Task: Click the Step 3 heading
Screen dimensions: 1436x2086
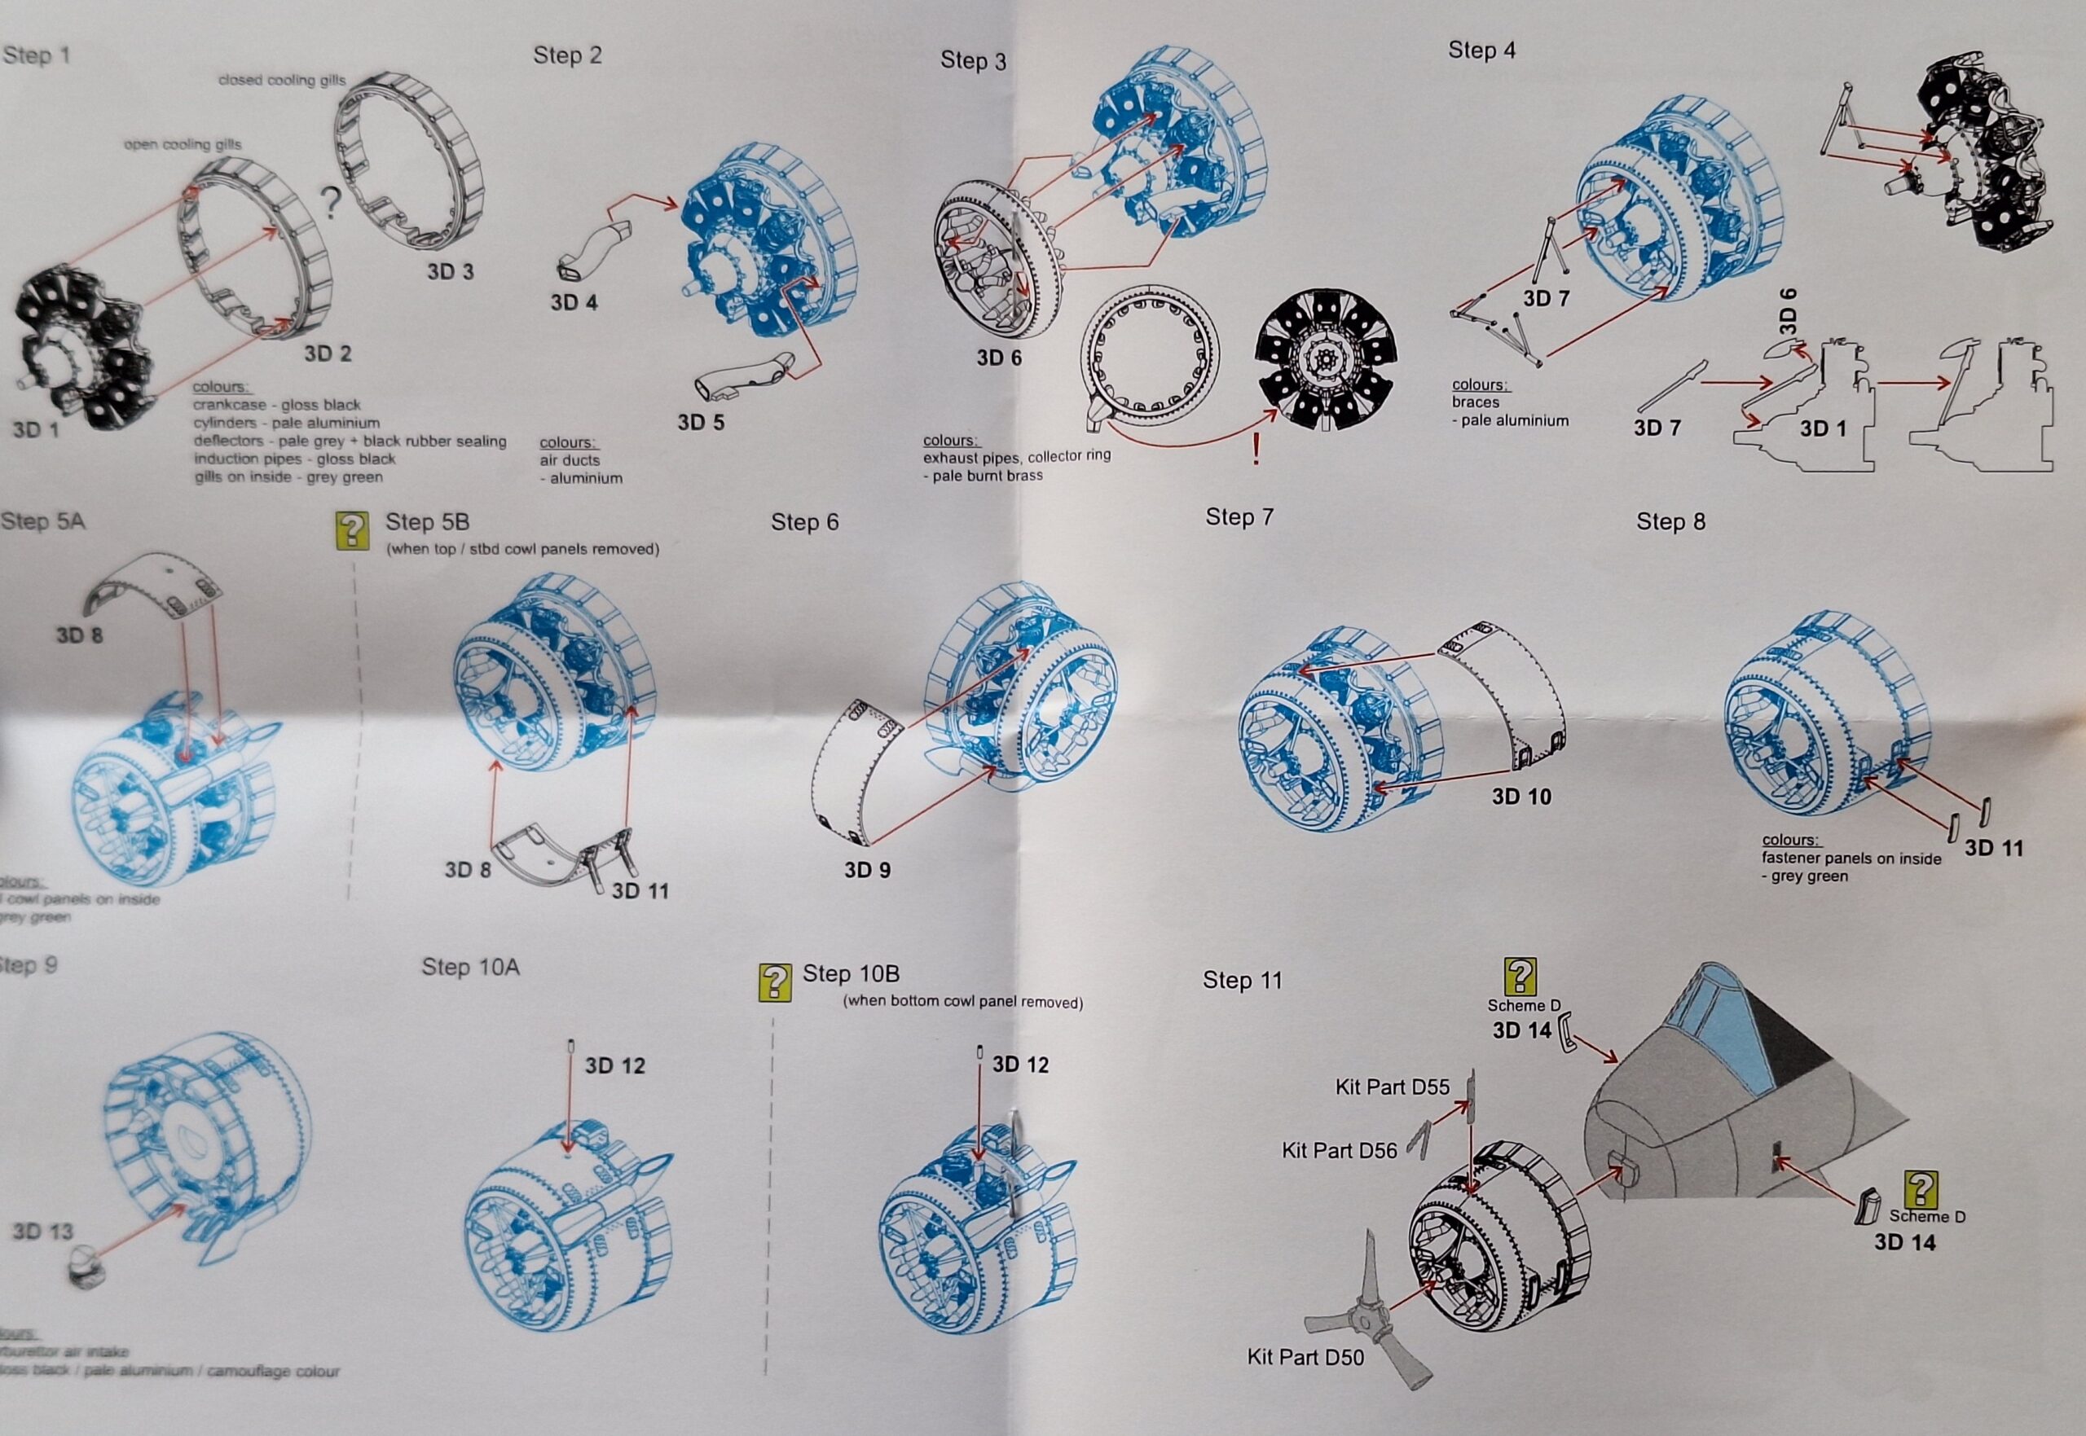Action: [973, 61]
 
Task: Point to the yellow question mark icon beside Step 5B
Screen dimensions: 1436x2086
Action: [351, 531]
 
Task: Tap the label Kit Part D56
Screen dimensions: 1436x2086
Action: [1339, 1150]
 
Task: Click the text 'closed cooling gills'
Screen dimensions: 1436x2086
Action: [281, 80]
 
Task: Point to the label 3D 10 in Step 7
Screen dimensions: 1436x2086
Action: [1522, 797]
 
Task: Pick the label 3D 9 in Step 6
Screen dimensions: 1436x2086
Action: [867, 870]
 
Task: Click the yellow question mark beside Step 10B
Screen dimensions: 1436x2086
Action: [776, 983]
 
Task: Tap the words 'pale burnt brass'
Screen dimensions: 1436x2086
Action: [988, 475]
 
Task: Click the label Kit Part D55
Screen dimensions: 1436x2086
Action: [1393, 1087]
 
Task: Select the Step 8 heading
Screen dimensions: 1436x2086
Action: [1670, 522]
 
